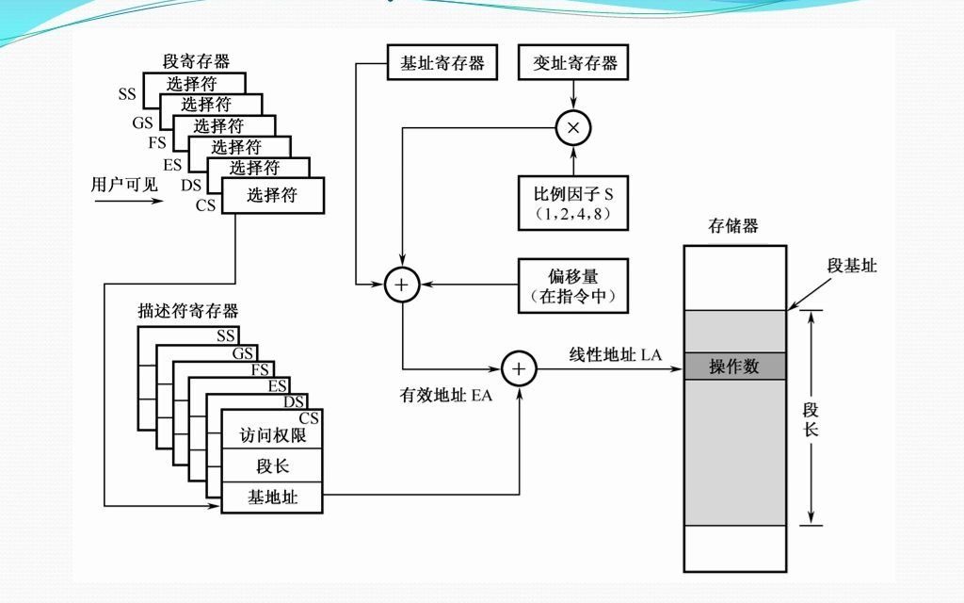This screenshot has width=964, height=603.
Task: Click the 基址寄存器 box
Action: [442, 63]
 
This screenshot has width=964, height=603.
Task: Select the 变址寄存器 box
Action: [574, 63]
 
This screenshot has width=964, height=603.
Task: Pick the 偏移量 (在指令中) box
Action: [573, 285]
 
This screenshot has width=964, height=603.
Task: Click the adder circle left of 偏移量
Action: [403, 284]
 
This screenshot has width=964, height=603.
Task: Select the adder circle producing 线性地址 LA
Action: [519, 368]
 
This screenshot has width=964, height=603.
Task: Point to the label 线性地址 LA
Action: [615, 354]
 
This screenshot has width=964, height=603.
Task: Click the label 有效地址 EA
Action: [446, 396]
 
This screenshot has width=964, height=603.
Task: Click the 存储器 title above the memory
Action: [733, 226]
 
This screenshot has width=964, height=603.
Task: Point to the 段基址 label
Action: [852, 267]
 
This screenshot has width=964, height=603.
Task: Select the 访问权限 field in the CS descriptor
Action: [272, 436]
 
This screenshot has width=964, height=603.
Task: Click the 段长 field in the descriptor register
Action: [272, 466]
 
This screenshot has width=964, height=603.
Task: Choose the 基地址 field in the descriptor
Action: [272, 497]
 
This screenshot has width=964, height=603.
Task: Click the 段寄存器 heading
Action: [196, 61]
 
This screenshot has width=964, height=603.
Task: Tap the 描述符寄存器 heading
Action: [187, 311]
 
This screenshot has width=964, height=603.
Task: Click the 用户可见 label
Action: [123, 185]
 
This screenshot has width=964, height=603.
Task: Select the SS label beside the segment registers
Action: [127, 94]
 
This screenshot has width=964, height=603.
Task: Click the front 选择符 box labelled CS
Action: [272, 196]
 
